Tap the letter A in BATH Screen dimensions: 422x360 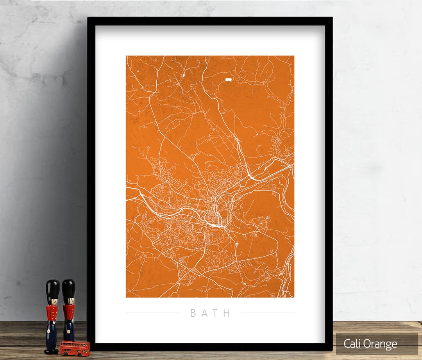coord(204,313)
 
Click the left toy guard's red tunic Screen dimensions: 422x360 coord(52,312)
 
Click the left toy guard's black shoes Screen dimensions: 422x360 coord(51,351)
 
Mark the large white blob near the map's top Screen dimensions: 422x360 coord(228,80)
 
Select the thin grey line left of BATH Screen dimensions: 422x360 coord(152,313)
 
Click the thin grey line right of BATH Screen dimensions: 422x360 coord(267,313)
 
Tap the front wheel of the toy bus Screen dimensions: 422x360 coord(65,353)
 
